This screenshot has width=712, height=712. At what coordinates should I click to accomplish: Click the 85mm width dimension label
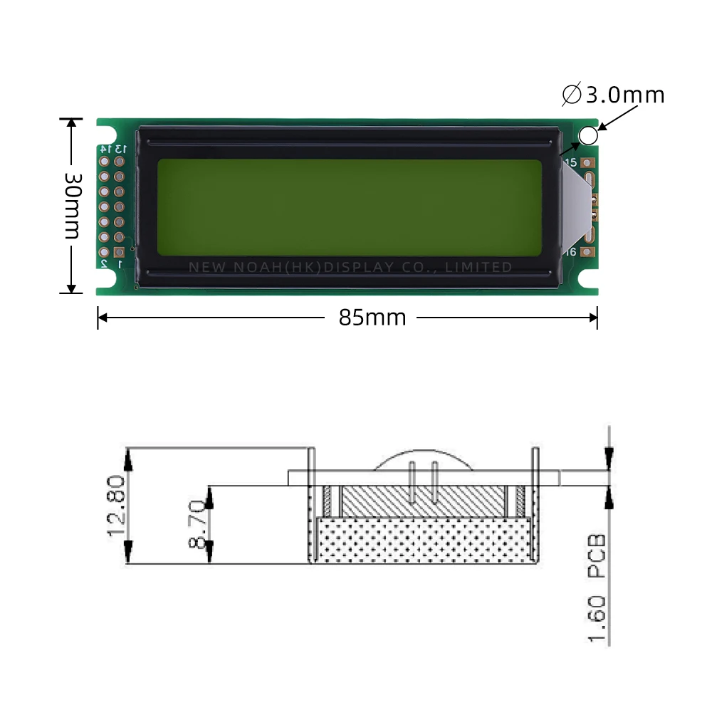pyautogui.click(x=372, y=318)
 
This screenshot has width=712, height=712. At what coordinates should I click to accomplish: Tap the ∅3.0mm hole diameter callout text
pyautogui.click(x=613, y=95)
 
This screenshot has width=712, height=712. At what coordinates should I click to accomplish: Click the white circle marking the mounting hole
pyautogui.click(x=588, y=135)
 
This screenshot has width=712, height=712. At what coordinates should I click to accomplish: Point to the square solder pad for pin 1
pyautogui.click(x=119, y=252)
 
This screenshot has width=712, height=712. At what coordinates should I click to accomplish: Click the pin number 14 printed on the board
pyautogui.click(x=104, y=149)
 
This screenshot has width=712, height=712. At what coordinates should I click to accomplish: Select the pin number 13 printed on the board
pyautogui.click(x=120, y=149)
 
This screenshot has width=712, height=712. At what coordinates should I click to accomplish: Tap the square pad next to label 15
pyautogui.click(x=587, y=162)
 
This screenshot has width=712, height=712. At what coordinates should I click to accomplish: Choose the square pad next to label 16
pyautogui.click(x=587, y=251)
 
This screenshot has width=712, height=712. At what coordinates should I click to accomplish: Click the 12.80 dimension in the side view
pyautogui.click(x=116, y=506)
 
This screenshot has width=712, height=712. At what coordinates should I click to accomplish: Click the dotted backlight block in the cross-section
pyautogui.click(x=424, y=539)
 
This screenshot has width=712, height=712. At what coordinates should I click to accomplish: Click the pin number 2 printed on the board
pyautogui.click(x=104, y=264)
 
